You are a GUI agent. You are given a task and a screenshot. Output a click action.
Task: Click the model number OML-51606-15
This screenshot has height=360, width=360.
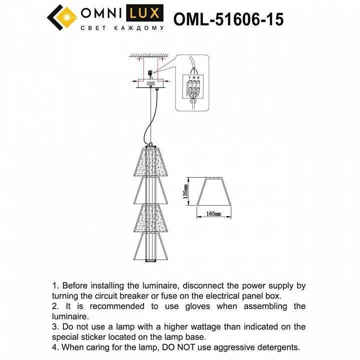228,18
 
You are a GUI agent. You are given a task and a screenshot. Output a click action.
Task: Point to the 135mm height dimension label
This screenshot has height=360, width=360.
185,190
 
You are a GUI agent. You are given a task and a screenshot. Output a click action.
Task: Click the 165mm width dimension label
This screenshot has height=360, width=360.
213,213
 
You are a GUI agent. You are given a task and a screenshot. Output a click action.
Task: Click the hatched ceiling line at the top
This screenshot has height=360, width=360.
150,55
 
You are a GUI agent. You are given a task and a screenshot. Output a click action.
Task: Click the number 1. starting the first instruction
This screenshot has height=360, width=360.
56,286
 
